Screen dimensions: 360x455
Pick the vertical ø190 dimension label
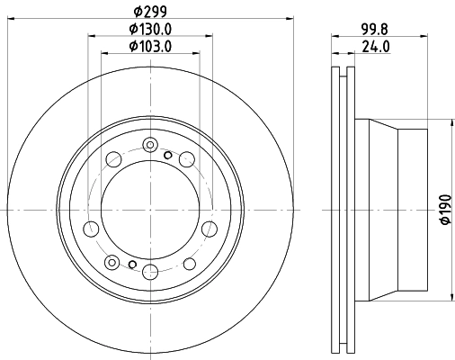click(x=442, y=211)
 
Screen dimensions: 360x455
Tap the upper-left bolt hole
click(x=114, y=160)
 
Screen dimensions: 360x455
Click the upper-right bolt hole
click(x=186, y=160)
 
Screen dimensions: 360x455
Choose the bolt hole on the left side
click(x=90, y=227)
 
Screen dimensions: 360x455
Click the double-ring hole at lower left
click(x=111, y=262)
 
